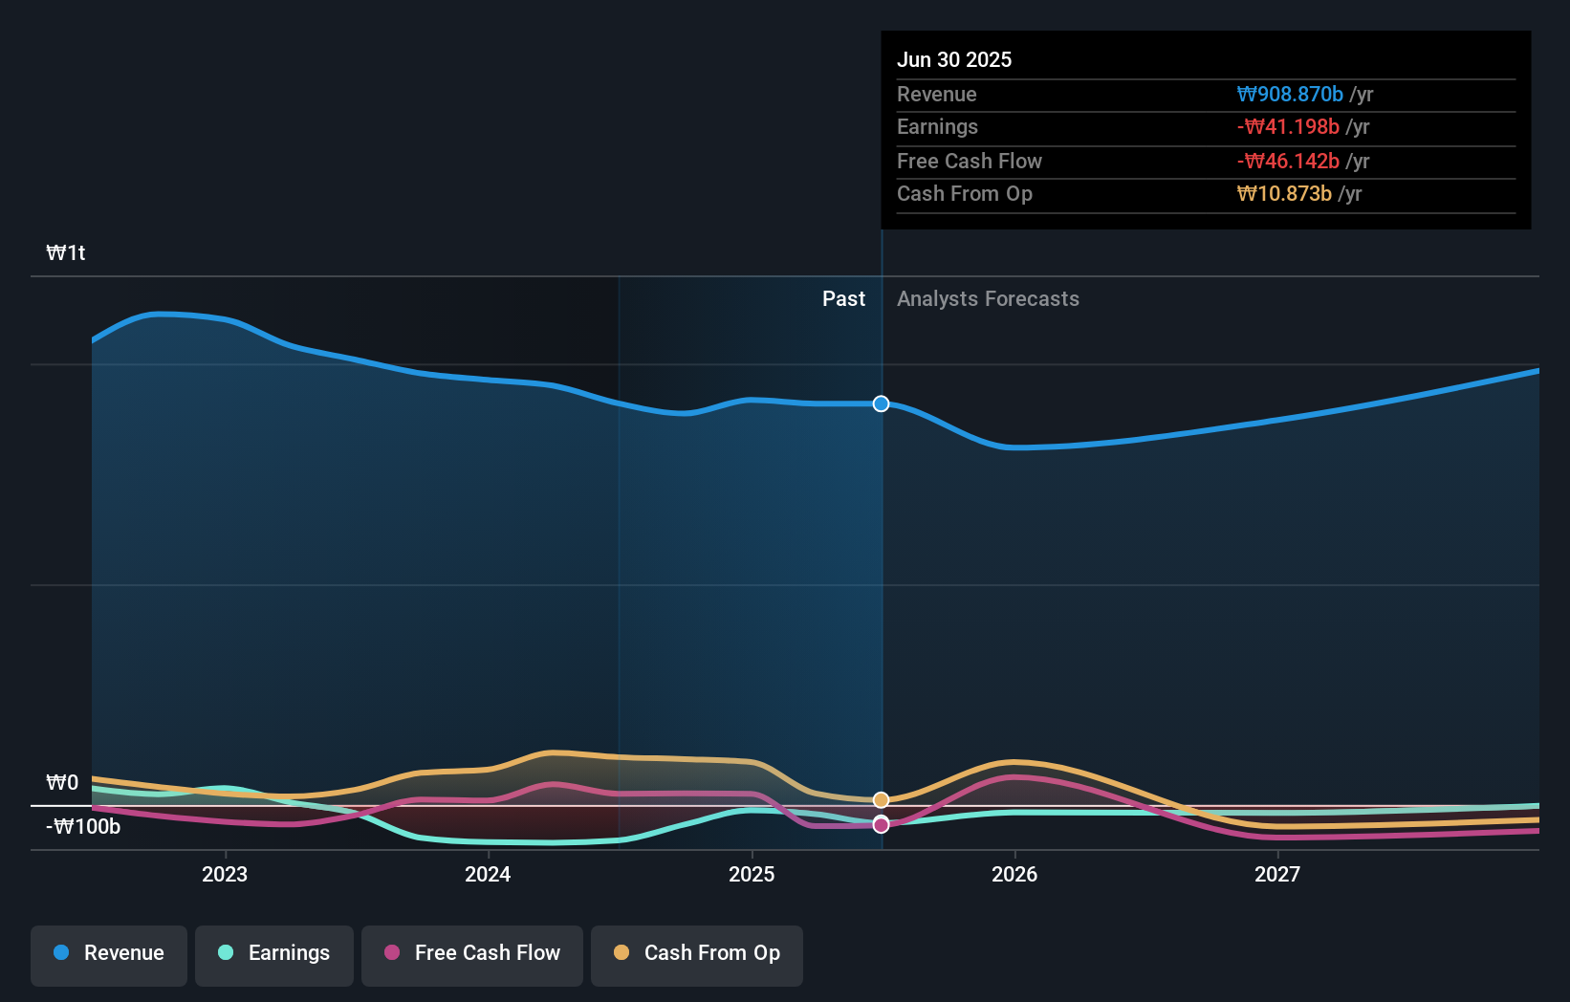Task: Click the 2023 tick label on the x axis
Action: coord(225,874)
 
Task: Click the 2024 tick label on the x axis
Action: coord(488,874)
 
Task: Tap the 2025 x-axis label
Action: coord(752,874)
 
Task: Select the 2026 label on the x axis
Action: coord(1014,874)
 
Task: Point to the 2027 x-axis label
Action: coord(1277,874)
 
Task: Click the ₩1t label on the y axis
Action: coord(66,252)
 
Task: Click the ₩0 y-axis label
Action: coord(62,782)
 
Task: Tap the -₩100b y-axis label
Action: coord(83,826)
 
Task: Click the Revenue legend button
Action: coord(109,954)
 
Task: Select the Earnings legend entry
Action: coord(274,954)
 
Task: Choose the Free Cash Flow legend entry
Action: coord(472,954)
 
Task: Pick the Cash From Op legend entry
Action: coord(697,954)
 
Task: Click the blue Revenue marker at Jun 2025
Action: coord(881,403)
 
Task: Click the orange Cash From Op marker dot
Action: coord(881,799)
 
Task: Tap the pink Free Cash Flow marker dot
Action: coord(881,824)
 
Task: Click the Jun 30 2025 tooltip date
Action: coord(954,59)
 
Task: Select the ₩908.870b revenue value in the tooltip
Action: coord(1290,94)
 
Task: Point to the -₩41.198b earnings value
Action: coord(1288,126)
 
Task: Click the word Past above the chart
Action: coord(843,298)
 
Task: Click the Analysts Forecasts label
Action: coord(988,298)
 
